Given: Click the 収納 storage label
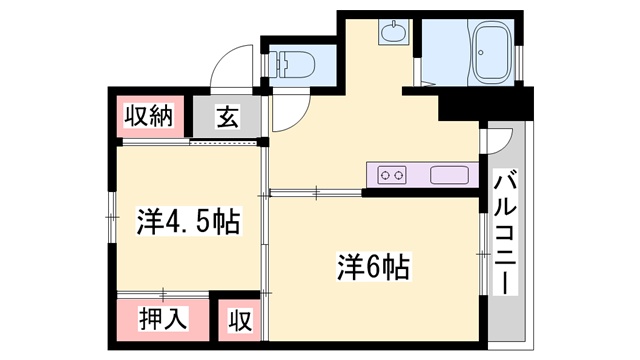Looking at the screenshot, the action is (149, 116).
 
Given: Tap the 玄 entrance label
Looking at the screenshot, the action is (227, 116).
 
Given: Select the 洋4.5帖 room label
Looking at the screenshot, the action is (188, 221).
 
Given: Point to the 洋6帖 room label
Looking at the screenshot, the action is (373, 267).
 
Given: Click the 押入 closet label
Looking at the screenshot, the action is (163, 318).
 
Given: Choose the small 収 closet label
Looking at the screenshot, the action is (240, 320).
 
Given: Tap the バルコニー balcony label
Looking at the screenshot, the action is (505, 232).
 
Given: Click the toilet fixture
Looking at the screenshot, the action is (295, 64).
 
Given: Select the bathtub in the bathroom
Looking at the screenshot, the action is (492, 52).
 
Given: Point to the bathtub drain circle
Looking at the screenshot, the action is (481, 53).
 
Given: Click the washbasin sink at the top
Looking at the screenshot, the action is (393, 31).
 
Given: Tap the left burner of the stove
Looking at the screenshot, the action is (385, 175).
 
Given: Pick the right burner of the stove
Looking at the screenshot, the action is (399, 175).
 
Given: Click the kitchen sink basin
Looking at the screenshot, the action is (449, 175).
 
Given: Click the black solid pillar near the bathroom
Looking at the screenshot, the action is (486, 103).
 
